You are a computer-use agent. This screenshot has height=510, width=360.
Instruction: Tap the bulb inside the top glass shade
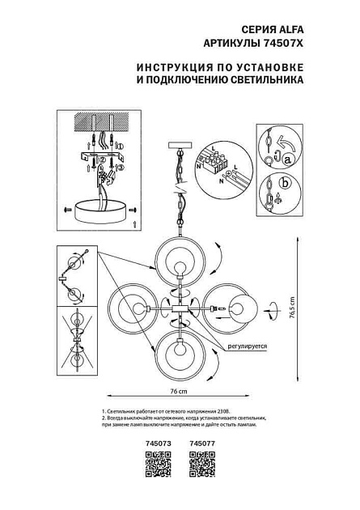(x=180, y=268)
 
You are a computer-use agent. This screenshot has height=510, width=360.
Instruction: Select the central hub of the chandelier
(x=180, y=309)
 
